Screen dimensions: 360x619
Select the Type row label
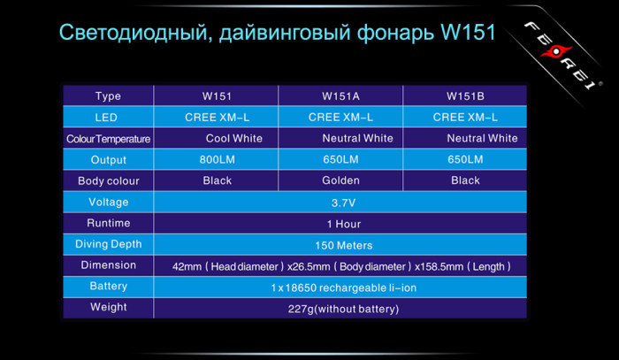click(x=108, y=96)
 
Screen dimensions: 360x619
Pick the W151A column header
click(x=340, y=96)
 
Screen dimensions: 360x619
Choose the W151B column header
click(x=465, y=96)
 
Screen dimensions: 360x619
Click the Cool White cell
click(x=233, y=138)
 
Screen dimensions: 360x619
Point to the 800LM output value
click(x=218, y=159)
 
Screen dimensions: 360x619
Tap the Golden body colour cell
click(x=340, y=180)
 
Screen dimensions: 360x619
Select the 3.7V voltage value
click(x=340, y=202)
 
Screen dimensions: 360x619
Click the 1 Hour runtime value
click(x=340, y=223)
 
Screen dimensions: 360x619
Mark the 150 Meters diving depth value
click(x=340, y=244)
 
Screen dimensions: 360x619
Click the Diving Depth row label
click(x=108, y=244)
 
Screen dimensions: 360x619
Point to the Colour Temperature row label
click(x=108, y=138)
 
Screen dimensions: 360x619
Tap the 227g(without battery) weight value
click(x=340, y=308)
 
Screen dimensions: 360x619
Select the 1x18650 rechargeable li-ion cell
click(x=340, y=287)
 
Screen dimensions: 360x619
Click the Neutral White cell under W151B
click(x=482, y=138)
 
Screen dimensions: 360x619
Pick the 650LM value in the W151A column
click(x=340, y=159)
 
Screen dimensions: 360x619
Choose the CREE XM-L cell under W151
click(x=217, y=117)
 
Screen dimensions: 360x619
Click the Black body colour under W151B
click(x=465, y=180)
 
